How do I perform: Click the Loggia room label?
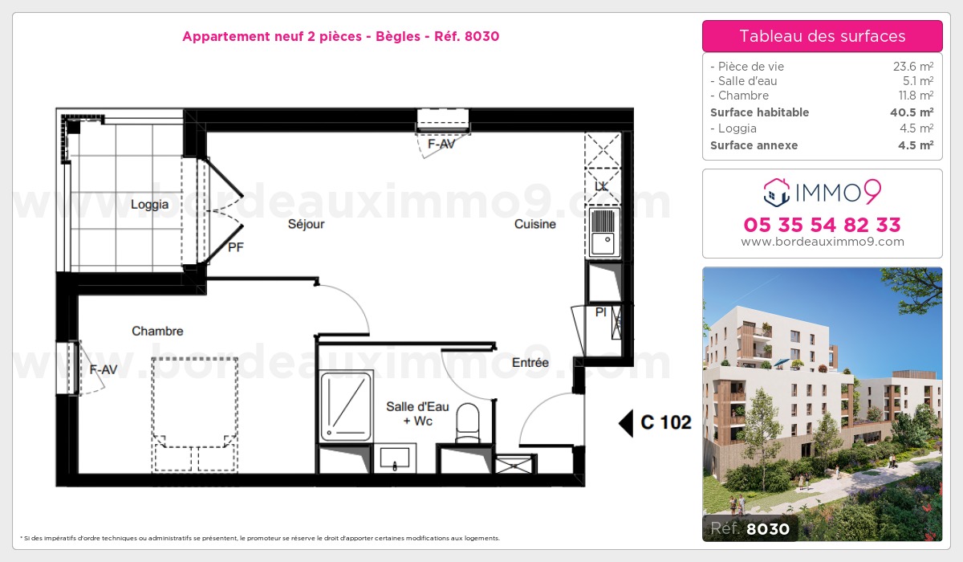149,205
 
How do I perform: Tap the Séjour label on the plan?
307,224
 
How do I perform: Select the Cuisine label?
535,224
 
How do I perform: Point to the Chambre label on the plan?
157,331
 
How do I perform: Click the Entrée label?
530,363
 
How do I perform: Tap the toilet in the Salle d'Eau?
466,422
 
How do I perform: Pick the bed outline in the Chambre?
196,413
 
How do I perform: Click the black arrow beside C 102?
625,422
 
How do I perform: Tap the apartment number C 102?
666,422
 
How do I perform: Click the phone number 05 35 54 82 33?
822,225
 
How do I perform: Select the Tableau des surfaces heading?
822,36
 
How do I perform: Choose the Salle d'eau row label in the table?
744,81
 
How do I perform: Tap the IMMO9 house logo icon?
774,191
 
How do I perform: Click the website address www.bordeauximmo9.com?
822,242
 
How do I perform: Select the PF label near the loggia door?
235,247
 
